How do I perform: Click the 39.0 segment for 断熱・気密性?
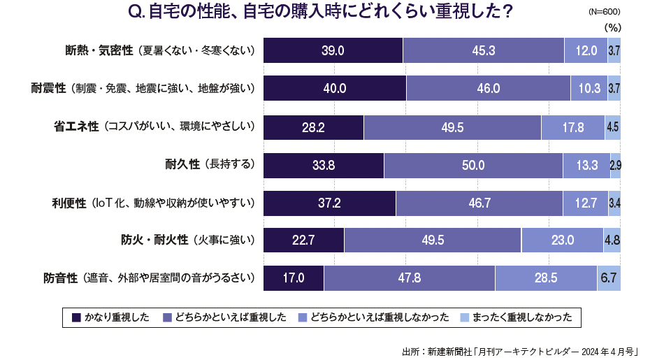click(x=333, y=50)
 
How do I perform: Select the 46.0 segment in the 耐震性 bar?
click(x=488, y=88)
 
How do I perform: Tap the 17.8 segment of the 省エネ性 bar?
click(x=572, y=127)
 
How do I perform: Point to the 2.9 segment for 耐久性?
click(x=616, y=165)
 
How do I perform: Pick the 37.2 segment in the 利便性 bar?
click(x=329, y=203)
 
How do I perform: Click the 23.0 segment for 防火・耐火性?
click(x=562, y=240)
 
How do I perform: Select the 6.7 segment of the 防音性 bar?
click(x=609, y=278)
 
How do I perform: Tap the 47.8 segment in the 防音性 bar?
click(x=409, y=278)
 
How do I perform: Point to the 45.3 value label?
click(x=484, y=50)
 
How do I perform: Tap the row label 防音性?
click(x=59, y=278)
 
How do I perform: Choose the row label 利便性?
click(x=68, y=203)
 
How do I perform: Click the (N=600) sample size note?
click(x=605, y=12)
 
